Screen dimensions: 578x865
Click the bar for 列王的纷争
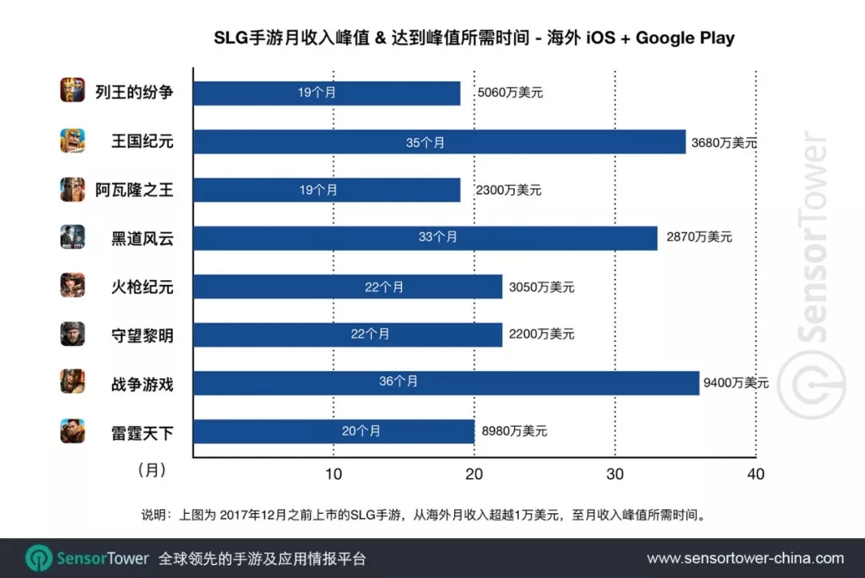[x=327, y=93]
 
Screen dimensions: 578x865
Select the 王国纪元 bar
[x=439, y=142]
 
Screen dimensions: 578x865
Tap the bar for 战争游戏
[x=446, y=383]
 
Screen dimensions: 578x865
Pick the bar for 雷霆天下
[x=333, y=431]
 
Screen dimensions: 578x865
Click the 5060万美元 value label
[x=509, y=93]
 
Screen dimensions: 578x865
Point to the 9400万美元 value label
[x=735, y=383]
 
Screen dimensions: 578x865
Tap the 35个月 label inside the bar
[x=424, y=142]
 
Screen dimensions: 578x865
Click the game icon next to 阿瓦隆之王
[x=72, y=190]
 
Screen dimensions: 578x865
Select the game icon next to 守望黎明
[x=72, y=334]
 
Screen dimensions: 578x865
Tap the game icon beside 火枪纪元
[x=72, y=286]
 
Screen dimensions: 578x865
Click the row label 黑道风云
[x=142, y=238]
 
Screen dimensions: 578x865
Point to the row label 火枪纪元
[x=142, y=286]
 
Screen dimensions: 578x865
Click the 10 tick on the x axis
[x=333, y=474]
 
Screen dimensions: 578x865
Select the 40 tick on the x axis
[x=754, y=474]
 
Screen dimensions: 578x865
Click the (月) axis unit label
[x=152, y=471]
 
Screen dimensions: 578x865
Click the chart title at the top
[x=473, y=38]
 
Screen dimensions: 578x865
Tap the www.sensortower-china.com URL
[x=745, y=558]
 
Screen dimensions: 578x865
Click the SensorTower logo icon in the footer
[x=38, y=558]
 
